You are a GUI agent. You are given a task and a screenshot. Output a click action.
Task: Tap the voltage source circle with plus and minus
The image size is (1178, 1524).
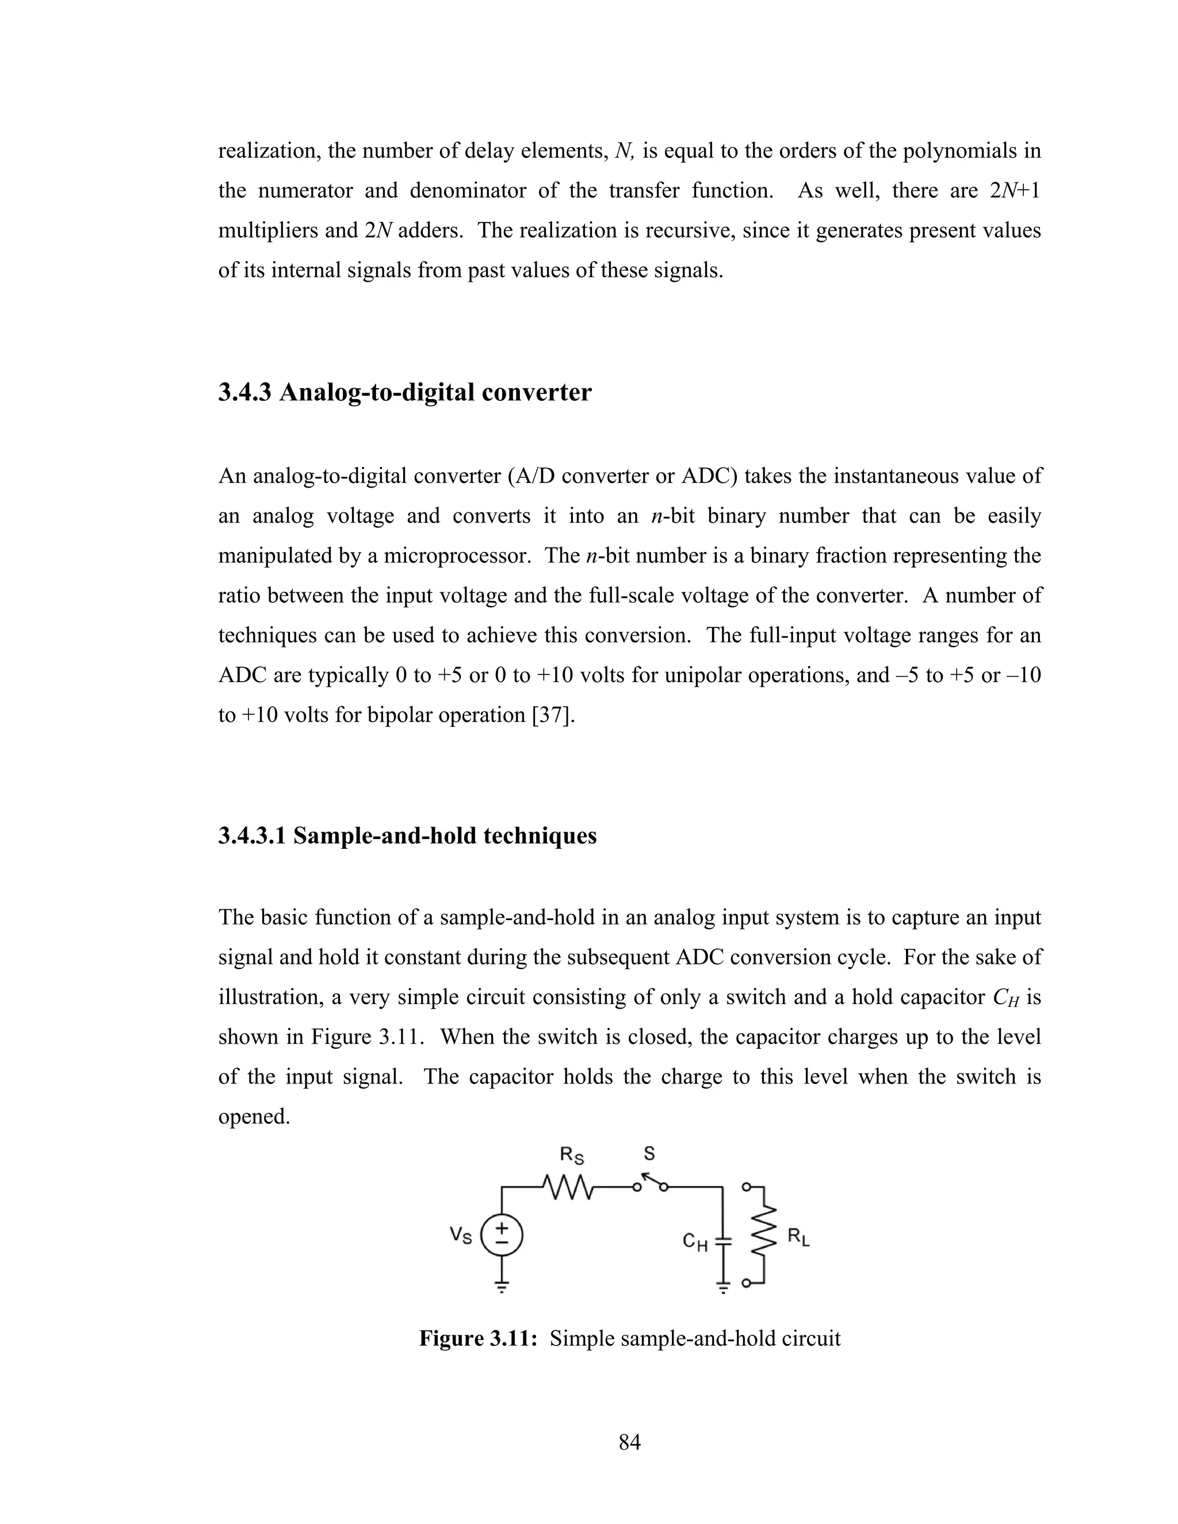[501, 1236]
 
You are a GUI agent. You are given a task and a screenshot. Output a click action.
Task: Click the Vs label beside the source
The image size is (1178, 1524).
[461, 1236]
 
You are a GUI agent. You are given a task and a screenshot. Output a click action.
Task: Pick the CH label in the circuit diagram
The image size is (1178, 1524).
[695, 1242]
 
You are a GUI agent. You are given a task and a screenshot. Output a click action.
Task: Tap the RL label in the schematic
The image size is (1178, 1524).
[798, 1237]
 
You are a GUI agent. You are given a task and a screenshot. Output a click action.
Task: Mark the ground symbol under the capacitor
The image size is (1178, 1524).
[724, 1286]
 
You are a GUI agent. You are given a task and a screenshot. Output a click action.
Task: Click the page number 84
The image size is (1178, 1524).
[629, 1442]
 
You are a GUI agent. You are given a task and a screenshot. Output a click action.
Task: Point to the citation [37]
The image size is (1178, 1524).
[553, 715]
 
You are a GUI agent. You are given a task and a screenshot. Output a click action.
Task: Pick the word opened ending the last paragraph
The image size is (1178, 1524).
[253, 1116]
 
